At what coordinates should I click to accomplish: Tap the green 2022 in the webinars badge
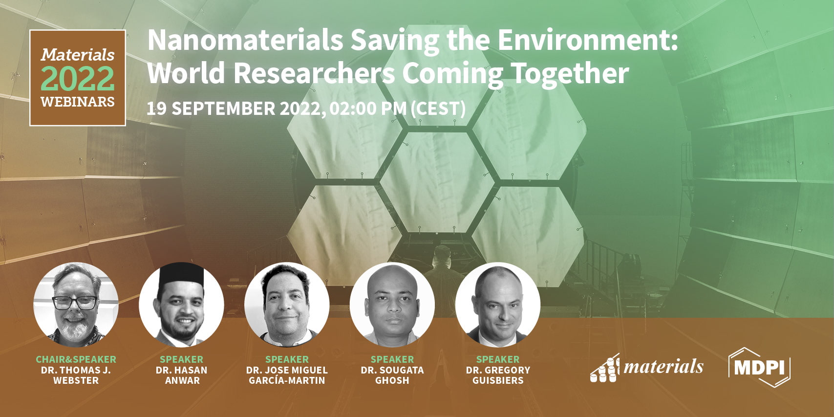[x=78, y=79]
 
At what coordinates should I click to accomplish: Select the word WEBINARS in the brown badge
[x=78, y=102]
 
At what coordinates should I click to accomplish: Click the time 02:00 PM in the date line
[x=368, y=109]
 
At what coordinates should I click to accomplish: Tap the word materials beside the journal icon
[x=663, y=366]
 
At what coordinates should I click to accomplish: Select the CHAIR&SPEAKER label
[x=76, y=359]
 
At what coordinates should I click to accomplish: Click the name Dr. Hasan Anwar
[x=181, y=375]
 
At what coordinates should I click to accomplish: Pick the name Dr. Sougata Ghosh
[x=392, y=375]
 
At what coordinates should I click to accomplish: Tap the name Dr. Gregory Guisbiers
[x=497, y=375]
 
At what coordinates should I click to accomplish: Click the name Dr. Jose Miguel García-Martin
[x=287, y=375]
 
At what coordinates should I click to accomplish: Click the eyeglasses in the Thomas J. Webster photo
[x=75, y=303]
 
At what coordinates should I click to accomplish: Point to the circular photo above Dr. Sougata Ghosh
[x=392, y=305]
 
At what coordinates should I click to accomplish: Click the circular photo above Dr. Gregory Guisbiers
[x=497, y=305]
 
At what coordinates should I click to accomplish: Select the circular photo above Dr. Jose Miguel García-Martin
[x=287, y=305]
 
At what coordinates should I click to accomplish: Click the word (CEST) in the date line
[x=438, y=109]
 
